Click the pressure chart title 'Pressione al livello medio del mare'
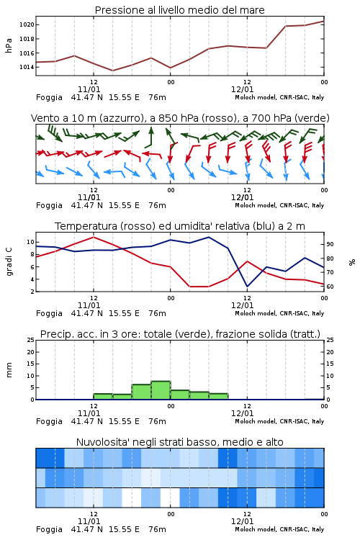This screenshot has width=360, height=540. (x=179, y=10)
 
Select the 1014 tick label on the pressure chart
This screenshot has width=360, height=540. (x=26, y=67)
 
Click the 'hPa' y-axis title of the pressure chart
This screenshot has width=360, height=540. (x=9, y=45)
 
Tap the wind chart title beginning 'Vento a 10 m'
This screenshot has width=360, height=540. (x=180, y=118)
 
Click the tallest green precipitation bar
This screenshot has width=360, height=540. (x=161, y=390)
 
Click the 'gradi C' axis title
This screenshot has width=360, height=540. (x=9, y=262)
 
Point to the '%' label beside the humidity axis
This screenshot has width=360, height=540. (x=352, y=262)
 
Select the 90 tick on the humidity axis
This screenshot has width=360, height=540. (x=330, y=244)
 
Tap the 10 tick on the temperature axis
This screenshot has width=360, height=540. (x=30, y=242)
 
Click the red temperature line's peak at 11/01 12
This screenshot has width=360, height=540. (x=94, y=237)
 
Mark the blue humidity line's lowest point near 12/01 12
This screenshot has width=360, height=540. (x=247, y=286)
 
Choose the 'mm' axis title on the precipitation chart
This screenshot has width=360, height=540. (x=9, y=370)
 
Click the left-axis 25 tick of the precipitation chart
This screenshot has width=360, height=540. (x=30, y=340)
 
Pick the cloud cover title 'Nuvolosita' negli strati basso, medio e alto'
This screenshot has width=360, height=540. (x=179, y=442)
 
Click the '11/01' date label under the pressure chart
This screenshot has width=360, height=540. (x=89, y=89)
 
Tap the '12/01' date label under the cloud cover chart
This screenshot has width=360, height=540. (x=242, y=521)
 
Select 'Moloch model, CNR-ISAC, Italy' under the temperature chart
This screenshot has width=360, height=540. (x=279, y=313)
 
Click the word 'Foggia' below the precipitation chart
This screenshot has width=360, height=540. (x=49, y=421)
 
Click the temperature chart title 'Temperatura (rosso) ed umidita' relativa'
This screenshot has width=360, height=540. (x=179, y=226)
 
